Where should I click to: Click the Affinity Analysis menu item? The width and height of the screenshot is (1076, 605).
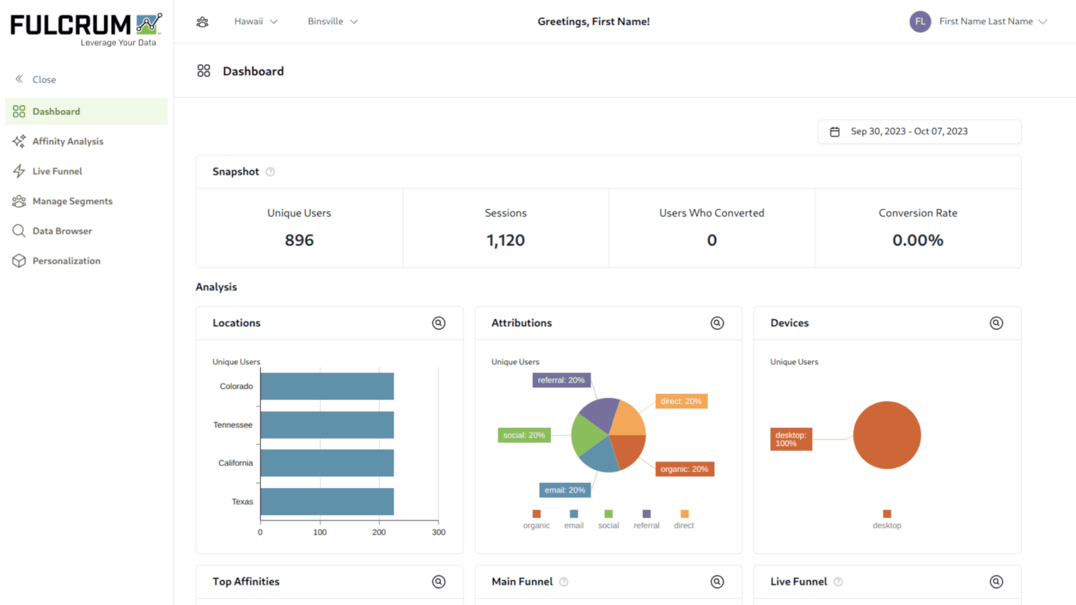pyautogui.click(x=67, y=141)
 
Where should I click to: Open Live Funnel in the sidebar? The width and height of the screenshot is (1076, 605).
pyautogui.click(x=57, y=171)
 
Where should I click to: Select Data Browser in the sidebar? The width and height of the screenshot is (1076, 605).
pyautogui.click(x=62, y=231)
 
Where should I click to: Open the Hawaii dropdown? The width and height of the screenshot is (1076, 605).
pyautogui.click(x=256, y=22)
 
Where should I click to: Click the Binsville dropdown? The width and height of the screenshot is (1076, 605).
pyautogui.click(x=332, y=22)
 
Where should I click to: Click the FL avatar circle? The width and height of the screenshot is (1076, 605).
pyautogui.click(x=920, y=22)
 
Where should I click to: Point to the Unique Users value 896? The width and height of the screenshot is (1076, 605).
pyautogui.click(x=299, y=240)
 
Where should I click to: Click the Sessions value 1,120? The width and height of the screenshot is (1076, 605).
pyautogui.click(x=506, y=240)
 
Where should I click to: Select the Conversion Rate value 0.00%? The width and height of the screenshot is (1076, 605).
pyautogui.click(x=917, y=240)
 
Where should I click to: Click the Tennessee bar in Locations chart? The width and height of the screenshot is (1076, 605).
pyautogui.click(x=327, y=425)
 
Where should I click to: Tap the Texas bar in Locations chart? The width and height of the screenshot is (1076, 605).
pyautogui.click(x=327, y=501)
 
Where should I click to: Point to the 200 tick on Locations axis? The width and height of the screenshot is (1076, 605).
pyautogui.click(x=379, y=532)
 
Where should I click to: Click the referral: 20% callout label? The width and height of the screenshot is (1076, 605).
pyautogui.click(x=562, y=380)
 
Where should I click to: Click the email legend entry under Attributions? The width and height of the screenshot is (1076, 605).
pyautogui.click(x=574, y=520)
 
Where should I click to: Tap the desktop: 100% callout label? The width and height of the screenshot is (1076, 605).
pyautogui.click(x=791, y=439)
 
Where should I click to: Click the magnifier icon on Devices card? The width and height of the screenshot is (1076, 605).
pyautogui.click(x=996, y=323)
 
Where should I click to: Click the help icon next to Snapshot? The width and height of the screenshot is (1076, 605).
pyautogui.click(x=270, y=172)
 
